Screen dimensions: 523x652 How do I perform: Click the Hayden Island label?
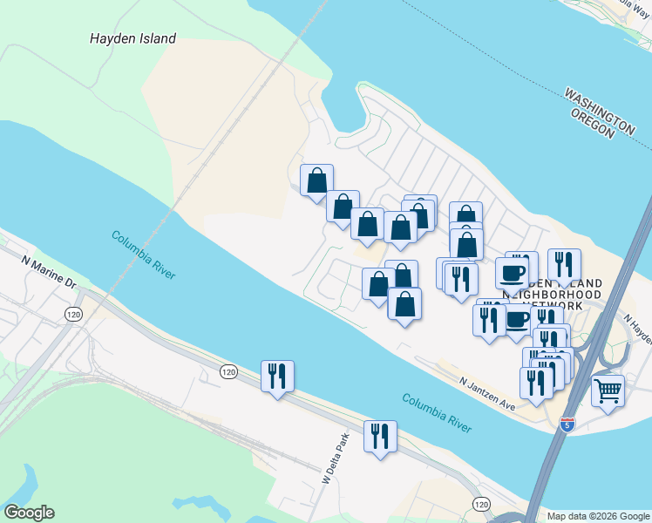click(132, 38)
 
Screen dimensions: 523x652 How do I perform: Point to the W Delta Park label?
click(334, 457)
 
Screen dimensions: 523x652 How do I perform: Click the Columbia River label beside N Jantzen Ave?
click(437, 413)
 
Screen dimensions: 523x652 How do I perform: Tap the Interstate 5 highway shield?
click(567, 425)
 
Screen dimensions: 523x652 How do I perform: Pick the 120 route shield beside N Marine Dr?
click(72, 313)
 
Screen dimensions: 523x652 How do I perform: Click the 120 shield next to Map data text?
click(481, 504)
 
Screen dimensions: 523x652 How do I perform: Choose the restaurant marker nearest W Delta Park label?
click(380, 435)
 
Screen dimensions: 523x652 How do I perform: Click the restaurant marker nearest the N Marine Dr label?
click(278, 376)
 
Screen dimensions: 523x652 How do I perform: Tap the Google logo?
click(29, 513)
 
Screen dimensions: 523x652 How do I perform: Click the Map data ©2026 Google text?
click(598, 516)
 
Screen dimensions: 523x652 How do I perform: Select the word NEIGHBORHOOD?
click(554, 295)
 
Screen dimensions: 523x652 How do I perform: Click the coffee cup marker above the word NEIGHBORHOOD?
click(512, 273)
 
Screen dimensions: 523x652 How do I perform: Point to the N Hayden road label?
click(639, 329)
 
